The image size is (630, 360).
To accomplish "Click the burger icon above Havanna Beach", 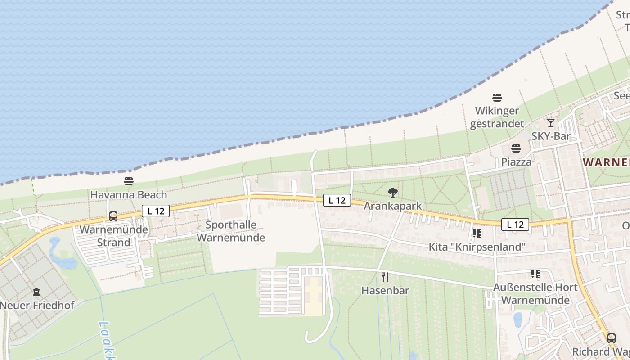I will (129, 181).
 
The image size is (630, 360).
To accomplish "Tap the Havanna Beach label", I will (129, 195).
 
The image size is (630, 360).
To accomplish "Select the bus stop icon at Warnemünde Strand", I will (113, 216).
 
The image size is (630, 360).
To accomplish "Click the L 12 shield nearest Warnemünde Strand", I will (156, 211).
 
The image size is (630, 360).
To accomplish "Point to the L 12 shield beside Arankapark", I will (337, 200).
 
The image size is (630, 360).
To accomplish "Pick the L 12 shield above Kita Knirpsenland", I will (515, 224).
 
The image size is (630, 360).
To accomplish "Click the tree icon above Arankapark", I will (393, 193).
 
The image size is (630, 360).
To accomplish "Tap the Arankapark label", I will (393, 206).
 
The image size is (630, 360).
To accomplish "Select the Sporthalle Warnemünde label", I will (231, 231).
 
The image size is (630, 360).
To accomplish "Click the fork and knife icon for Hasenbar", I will (385, 277).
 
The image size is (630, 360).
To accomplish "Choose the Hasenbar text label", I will (385, 290).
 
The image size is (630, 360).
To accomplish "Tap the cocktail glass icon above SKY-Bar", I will (551, 122).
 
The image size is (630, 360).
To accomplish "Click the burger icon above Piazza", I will (516, 148).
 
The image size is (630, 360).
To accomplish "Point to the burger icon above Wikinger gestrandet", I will (497, 97).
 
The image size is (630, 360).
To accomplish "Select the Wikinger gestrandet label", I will (497, 117).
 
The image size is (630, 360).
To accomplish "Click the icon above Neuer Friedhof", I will (37, 292).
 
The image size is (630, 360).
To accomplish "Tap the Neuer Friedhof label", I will (37, 305).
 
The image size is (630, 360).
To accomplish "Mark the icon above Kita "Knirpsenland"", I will (477, 234).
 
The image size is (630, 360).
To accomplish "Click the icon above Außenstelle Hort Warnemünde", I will (535, 274).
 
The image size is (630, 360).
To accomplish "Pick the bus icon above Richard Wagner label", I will (611, 338).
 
